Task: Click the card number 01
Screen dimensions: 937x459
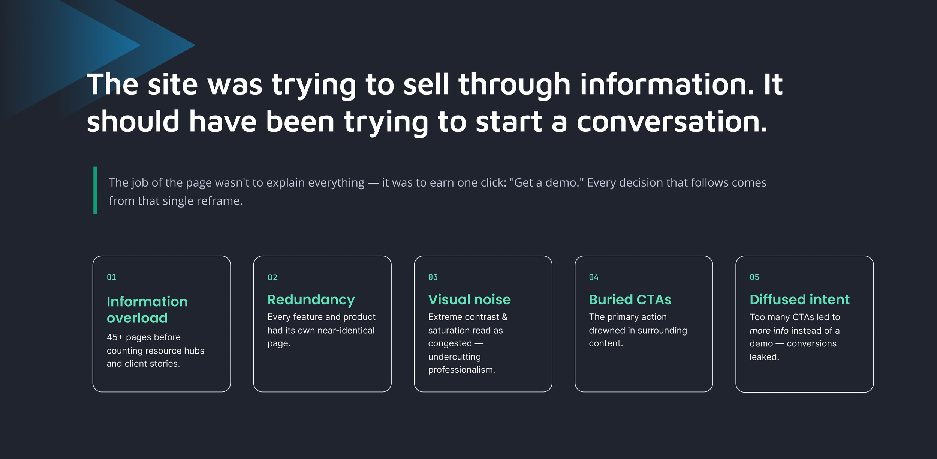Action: pos(111,277)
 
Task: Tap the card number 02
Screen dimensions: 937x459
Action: pos(272,277)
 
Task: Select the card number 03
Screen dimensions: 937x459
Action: pos(433,277)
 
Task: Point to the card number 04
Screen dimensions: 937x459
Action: pos(594,277)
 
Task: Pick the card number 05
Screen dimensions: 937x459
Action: pos(754,277)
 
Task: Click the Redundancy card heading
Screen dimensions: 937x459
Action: pos(311,300)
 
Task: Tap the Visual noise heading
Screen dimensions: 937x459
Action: pos(469,299)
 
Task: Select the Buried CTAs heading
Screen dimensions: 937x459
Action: pos(630,299)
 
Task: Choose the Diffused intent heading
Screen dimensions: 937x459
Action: pos(799,299)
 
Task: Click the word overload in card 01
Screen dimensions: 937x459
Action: pos(137,318)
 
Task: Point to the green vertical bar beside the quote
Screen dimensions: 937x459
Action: pos(95,190)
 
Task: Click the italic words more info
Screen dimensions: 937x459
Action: pos(769,331)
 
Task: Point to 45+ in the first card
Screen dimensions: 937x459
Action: pos(115,337)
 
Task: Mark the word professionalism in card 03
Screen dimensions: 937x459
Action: pos(462,370)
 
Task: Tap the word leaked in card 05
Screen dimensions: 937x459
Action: pos(765,357)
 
